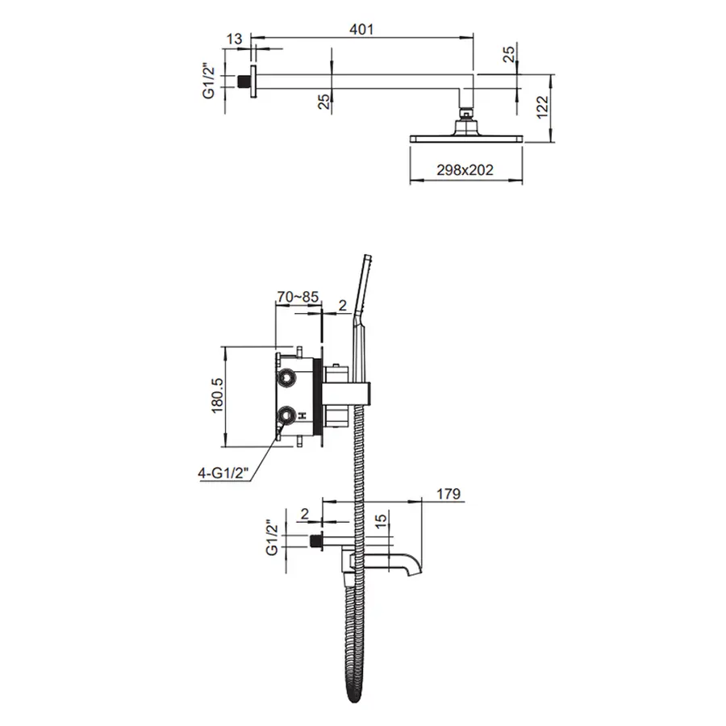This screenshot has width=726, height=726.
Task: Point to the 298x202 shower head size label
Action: (464, 169)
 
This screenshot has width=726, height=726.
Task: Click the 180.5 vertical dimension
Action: (215, 396)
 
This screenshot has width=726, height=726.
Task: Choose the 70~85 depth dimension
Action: (298, 298)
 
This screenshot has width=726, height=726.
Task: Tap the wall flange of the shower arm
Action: (254, 82)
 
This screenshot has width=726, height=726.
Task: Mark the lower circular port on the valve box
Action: (286, 415)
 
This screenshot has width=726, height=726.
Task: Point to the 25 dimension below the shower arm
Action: (323, 101)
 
